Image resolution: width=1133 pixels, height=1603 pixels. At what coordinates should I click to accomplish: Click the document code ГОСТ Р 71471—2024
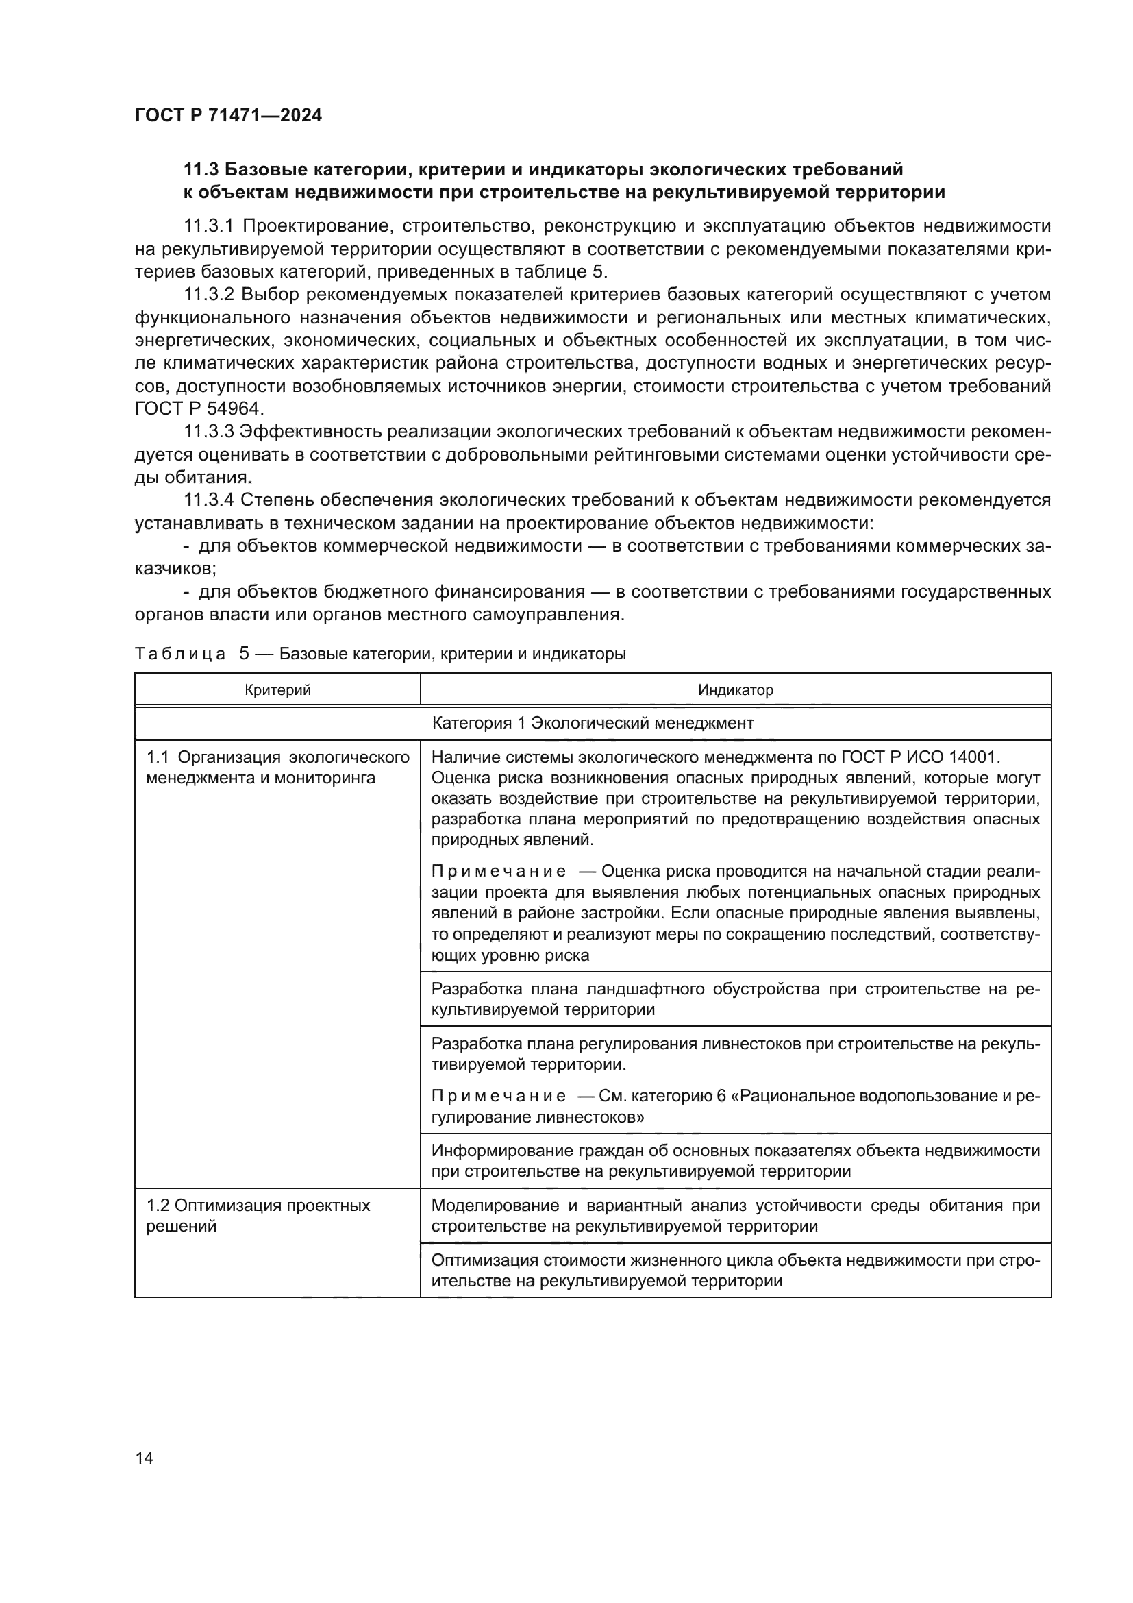(x=228, y=116)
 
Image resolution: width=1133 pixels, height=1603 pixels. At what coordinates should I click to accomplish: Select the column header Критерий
(x=277, y=690)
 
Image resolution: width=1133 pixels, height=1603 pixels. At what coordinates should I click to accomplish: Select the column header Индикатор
(x=735, y=690)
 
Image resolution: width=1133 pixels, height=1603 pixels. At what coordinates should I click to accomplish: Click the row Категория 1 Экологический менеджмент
(x=593, y=722)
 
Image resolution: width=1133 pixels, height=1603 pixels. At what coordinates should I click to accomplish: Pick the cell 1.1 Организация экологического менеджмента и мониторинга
(x=277, y=768)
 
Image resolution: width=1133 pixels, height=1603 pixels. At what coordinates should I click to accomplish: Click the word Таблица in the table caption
(x=180, y=654)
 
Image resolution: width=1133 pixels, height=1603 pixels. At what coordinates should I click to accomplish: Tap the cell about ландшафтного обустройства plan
(x=735, y=999)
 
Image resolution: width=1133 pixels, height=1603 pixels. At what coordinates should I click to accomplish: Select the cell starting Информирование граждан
(x=735, y=1160)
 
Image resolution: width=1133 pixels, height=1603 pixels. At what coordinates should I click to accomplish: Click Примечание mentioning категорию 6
(x=498, y=1095)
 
